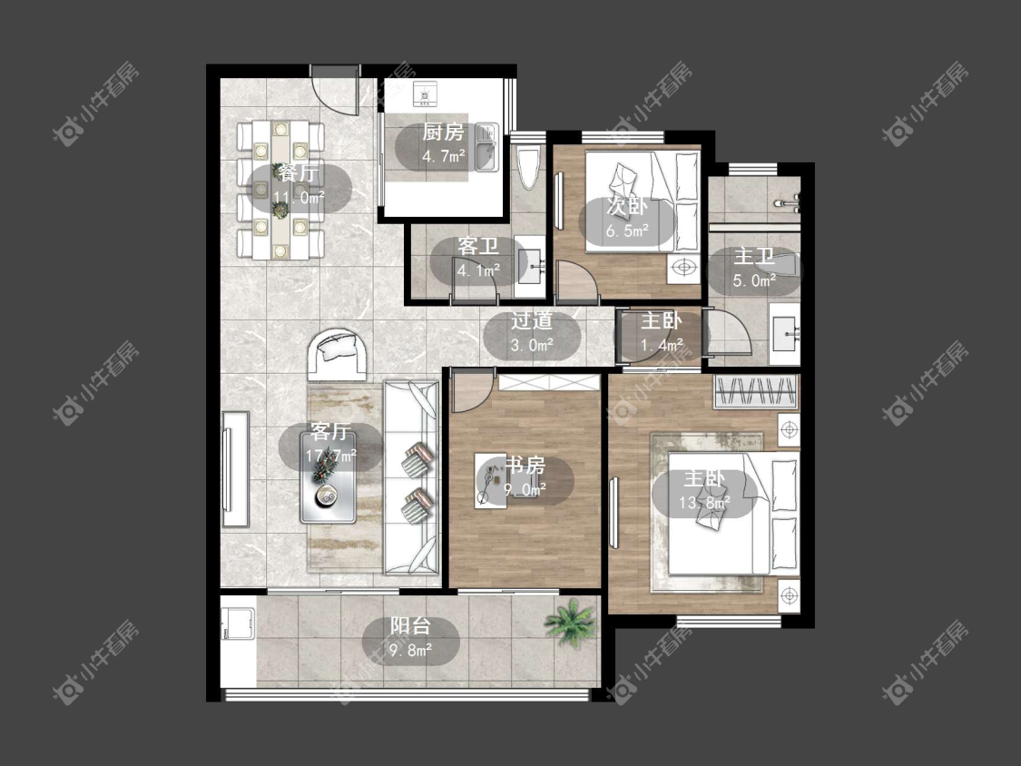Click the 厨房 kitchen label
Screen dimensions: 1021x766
[443, 133]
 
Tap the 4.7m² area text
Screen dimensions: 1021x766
[444, 156]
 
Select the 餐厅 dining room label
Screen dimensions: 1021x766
[299, 173]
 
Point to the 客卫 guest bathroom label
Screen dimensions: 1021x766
[478, 246]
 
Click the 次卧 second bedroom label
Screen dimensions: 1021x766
[626, 207]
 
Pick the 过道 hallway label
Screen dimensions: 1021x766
[531, 320]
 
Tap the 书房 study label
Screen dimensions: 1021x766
[525, 466]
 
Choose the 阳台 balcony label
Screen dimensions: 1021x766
[410, 626]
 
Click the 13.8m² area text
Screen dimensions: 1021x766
[704, 503]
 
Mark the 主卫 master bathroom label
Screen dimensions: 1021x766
[754, 256]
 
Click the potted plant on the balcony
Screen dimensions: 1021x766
[571, 622]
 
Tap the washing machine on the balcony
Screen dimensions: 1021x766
[237, 624]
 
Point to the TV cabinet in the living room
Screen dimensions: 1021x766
[235, 468]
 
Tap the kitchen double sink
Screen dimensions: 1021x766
[486, 147]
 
